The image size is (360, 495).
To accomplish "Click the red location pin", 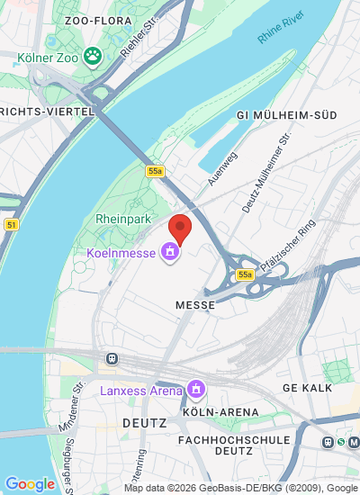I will click(x=180, y=229).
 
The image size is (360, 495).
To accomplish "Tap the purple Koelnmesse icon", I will click(x=167, y=253).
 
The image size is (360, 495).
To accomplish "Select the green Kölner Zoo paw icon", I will click(x=92, y=58).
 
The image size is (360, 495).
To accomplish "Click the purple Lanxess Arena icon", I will click(x=195, y=390).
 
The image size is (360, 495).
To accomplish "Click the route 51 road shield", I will click(x=11, y=225).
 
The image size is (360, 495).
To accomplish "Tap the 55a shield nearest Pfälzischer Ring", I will click(x=245, y=274).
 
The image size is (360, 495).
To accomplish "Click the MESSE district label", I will click(x=195, y=305).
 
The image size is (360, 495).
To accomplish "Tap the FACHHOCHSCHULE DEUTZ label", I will click(x=234, y=446).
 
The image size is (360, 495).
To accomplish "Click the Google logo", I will click(x=30, y=484).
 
